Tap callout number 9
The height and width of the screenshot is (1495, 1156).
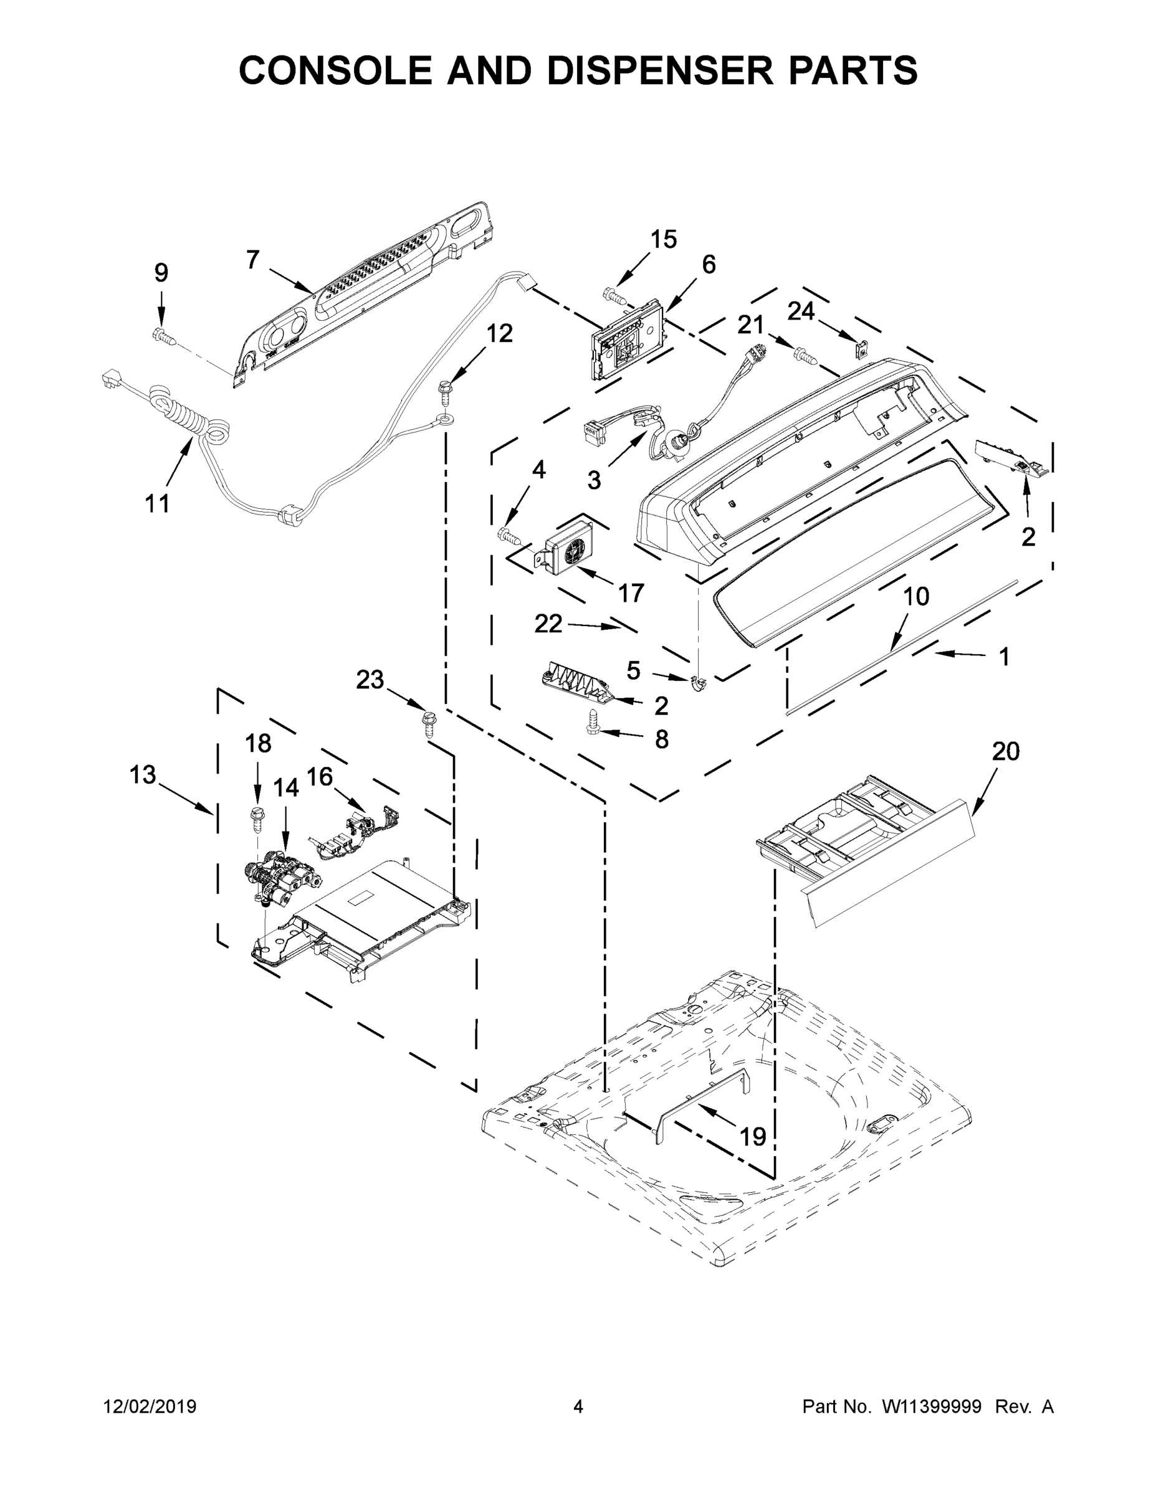point(161,272)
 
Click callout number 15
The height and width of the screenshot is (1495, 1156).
point(663,239)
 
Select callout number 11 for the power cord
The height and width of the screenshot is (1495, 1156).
point(157,504)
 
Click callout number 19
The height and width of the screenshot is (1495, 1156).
point(753,1136)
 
